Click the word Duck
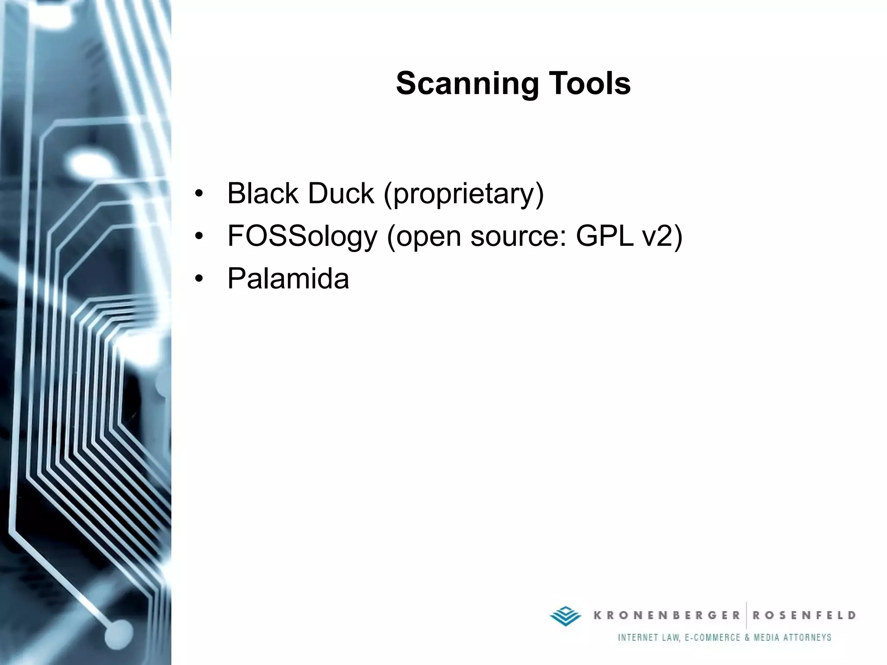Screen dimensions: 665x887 coord(341,193)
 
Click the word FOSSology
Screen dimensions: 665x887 coord(302,236)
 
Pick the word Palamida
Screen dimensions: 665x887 coord(288,278)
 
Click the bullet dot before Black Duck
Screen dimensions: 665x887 coord(199,194)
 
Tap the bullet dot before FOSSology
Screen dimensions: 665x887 coord(199,236)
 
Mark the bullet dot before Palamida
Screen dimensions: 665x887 coord(199,278)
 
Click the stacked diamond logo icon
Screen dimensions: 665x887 coord(565,615)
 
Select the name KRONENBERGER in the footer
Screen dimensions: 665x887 coord(667,615)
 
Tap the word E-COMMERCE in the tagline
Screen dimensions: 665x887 coord(712,637)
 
